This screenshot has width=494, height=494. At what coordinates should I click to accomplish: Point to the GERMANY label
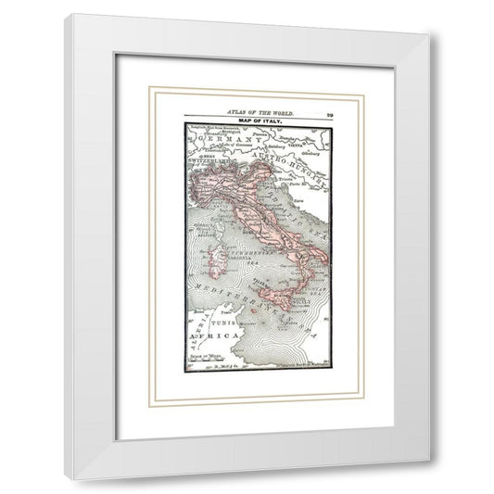click(x=226, y=139)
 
